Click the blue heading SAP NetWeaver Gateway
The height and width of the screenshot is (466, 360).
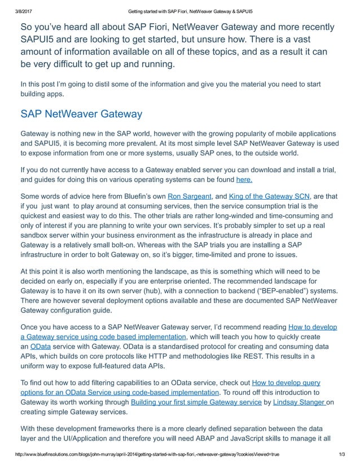coord(81,114)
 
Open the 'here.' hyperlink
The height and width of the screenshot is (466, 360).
coord(244,180)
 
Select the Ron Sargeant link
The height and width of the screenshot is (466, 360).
coord(190,196)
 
